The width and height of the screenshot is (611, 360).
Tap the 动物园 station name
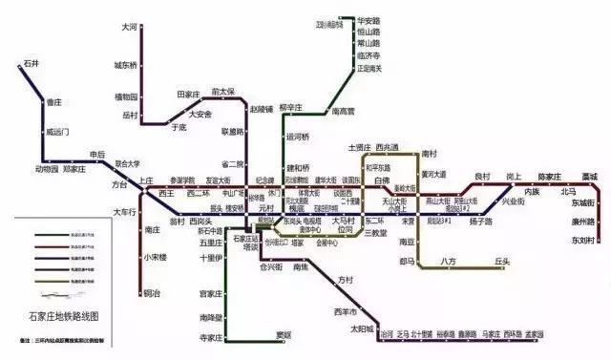46,169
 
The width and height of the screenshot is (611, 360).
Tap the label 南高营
343,112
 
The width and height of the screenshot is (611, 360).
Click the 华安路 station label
369,20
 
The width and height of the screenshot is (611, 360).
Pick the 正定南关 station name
369,68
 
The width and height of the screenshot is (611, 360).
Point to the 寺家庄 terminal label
210,338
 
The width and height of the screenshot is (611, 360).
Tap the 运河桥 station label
298,138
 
